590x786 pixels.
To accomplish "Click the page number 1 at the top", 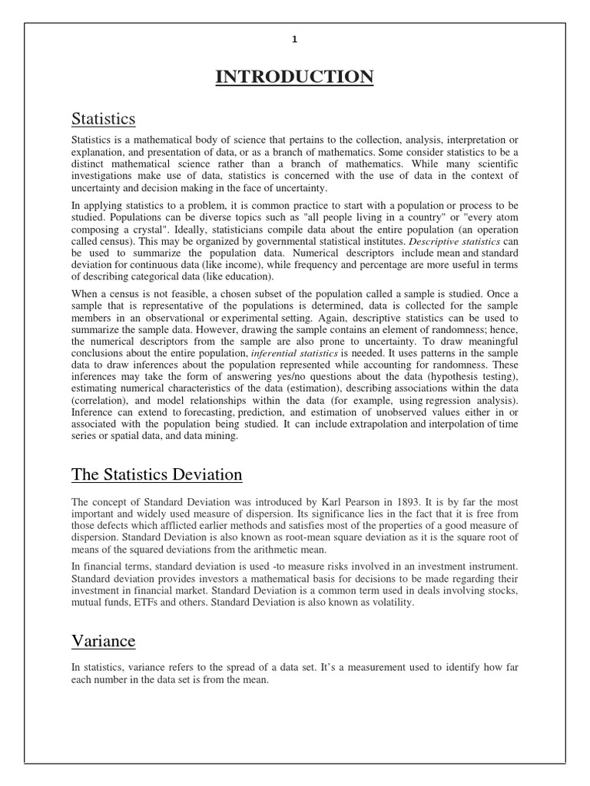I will tap(294, 41).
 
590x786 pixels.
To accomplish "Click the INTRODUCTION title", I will tap(294, 77).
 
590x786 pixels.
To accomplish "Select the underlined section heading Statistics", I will tap(104, 118).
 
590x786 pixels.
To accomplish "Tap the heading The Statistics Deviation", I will tap(157, 474).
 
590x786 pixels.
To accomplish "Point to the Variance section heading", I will tap(103, 640).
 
